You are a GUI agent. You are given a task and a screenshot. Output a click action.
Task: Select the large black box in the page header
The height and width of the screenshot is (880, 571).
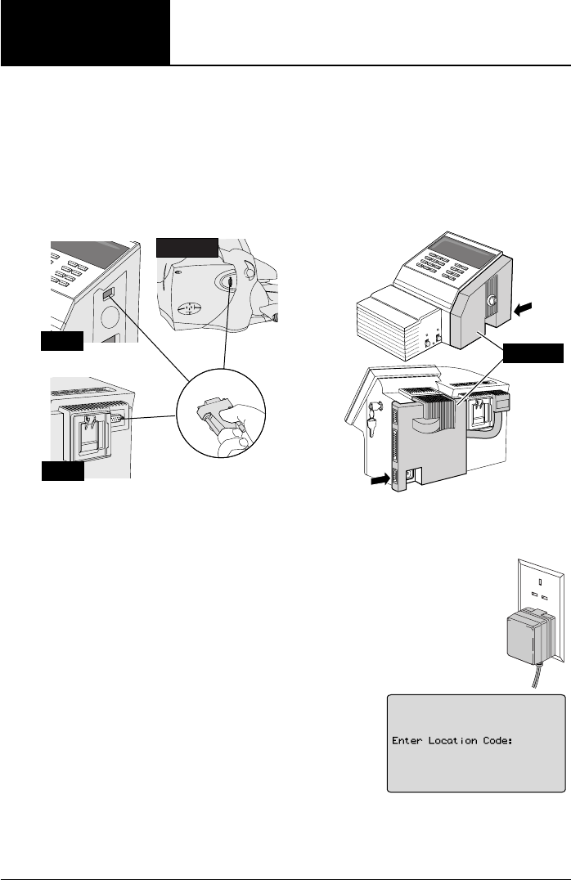pos(85,33)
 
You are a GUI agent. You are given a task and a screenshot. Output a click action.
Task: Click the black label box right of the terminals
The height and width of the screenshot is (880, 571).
pos(533,353)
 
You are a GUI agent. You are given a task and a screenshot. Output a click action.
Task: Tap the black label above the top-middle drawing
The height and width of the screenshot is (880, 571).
pos(187,247)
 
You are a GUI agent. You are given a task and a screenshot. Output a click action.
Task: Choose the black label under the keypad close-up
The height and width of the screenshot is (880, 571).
pos(62,341)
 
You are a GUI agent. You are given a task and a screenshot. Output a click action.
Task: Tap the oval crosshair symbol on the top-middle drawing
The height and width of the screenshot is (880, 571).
pos(189,311)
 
